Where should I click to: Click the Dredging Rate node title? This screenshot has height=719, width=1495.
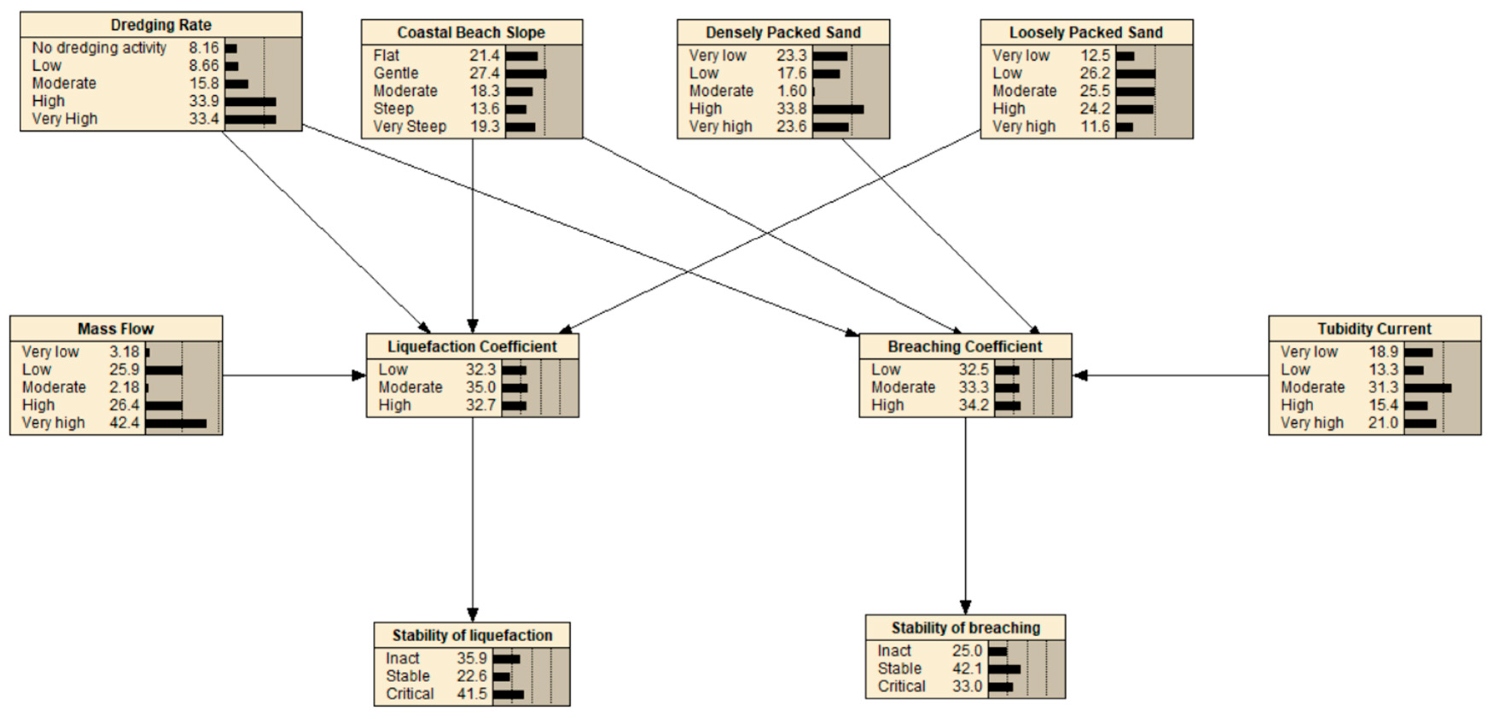(161, 25)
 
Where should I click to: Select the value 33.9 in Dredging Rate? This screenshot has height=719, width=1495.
(204, 101)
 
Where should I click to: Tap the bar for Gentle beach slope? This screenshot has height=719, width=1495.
(525, 74)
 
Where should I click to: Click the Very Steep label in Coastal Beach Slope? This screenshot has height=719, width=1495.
(410, 127)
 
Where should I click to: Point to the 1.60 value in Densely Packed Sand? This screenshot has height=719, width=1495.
(792, 91)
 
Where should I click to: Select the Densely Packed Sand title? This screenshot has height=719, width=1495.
(783, 32)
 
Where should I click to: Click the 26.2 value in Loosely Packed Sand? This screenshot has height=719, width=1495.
(1094, 73)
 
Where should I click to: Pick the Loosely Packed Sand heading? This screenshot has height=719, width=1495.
(1086, 32)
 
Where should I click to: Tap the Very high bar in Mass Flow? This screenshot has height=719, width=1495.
(176, 423)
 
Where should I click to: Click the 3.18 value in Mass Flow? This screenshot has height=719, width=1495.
(124, 352)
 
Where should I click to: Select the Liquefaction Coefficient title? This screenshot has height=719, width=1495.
(472, 347)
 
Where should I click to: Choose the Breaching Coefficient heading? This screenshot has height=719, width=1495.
(964, 347)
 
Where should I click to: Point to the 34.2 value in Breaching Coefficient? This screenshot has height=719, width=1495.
(973, 405)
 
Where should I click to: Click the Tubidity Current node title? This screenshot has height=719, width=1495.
(1374, 329)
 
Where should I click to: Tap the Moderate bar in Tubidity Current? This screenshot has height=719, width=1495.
(1427, 388)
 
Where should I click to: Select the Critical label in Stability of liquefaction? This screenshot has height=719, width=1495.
(410, 694)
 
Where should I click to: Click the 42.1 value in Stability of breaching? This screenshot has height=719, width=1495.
(967, 669)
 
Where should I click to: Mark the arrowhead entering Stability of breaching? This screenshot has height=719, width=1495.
(965, 608)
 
